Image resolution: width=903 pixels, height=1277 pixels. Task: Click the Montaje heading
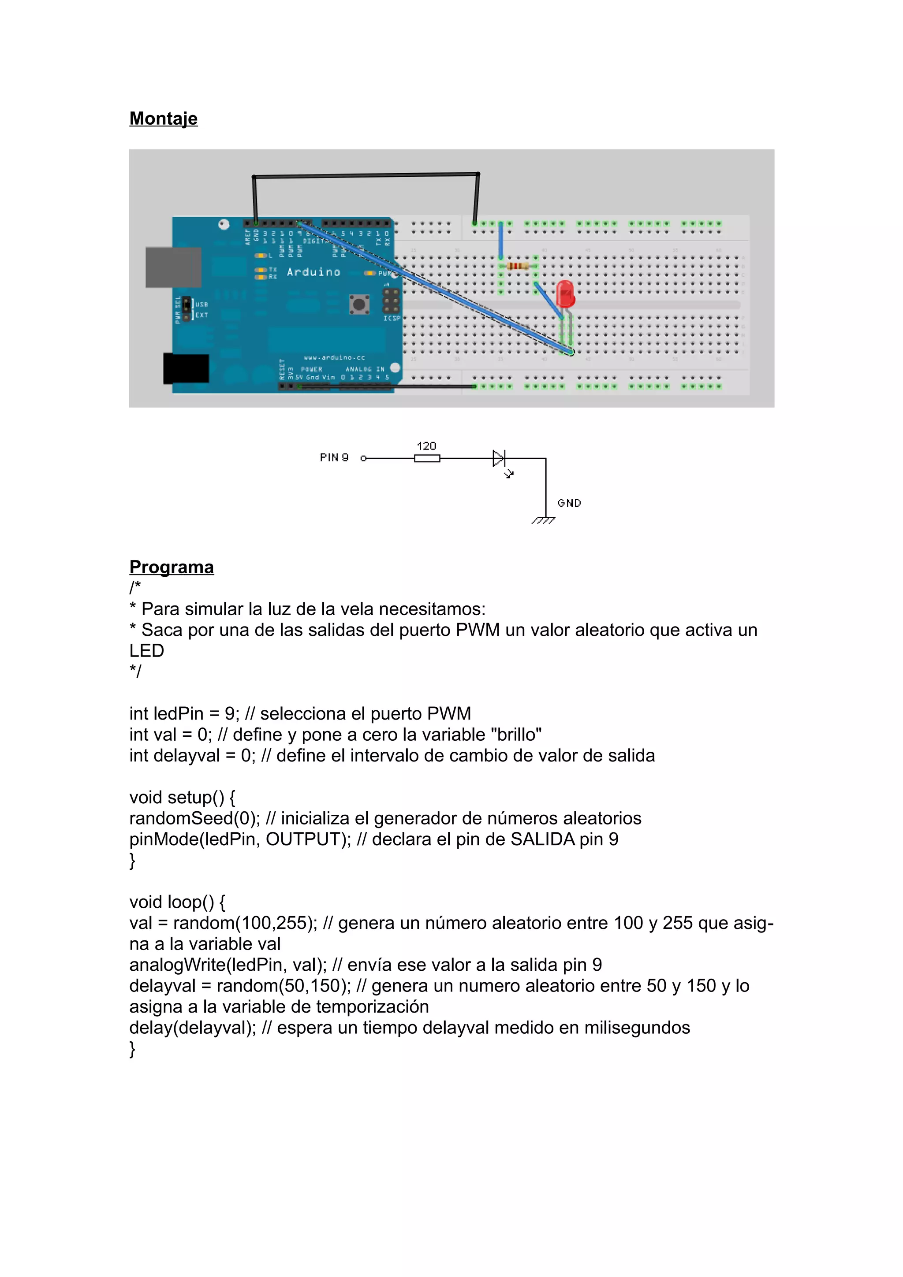pos(163,119)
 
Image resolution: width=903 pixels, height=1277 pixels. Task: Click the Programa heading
pos(172,567)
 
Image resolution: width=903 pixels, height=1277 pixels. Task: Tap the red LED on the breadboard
pos(565,293)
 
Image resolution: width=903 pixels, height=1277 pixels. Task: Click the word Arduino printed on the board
pos(313,272)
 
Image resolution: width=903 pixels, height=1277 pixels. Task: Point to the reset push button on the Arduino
pos(359,304)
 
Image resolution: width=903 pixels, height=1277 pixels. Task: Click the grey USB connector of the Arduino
pos(173,267)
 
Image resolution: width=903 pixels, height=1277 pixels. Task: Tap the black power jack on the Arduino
pos(186,369)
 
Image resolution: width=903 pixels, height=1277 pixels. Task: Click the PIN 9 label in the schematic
pos(334,457)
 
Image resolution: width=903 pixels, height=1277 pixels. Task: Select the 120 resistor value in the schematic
pos(426,446)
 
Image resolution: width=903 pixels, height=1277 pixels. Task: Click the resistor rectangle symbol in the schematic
pos(427,458)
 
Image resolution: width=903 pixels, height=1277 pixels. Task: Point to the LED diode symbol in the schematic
pos(499,458)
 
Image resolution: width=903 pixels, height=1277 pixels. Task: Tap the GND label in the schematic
pos(569,503)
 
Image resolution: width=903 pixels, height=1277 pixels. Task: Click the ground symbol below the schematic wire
pos(544,520)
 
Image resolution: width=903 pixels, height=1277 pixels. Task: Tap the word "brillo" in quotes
pos(516,734)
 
